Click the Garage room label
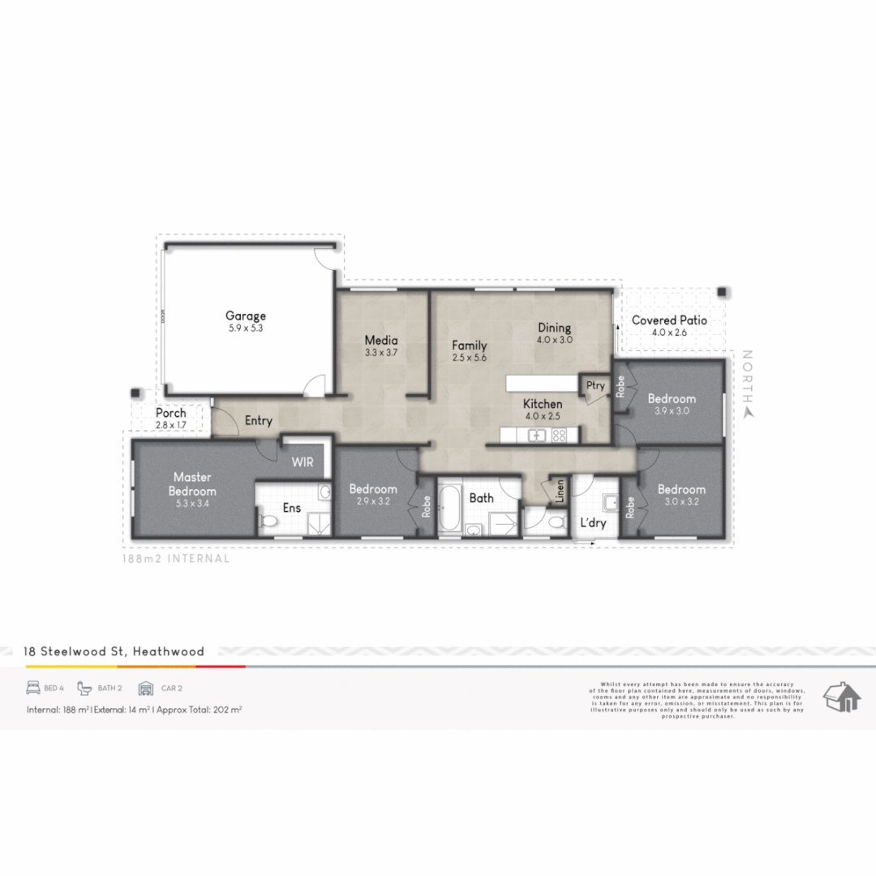[245, 316]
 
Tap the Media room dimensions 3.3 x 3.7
[381, 353]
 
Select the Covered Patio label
[669, 320]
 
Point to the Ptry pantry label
[595, 385]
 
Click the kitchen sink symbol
[537, 436]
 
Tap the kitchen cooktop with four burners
[559, 436]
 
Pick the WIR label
[303, 462]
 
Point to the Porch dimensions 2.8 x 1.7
[171, 424]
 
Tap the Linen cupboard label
[559, 491]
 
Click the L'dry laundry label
[593, 523]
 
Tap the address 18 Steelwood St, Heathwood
[114, 651]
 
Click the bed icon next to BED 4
[33, 688]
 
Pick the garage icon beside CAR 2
[146, 688]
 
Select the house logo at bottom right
[841, 697]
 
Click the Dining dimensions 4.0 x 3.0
[555, 341]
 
